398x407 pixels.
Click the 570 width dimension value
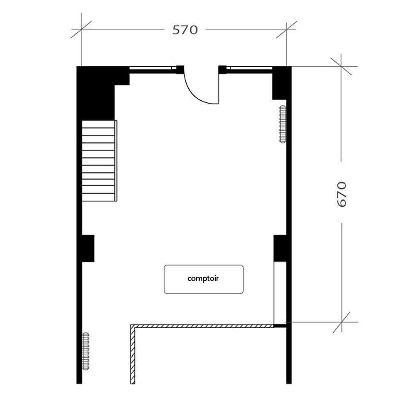(x=185, y=30)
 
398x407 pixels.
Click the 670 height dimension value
(x=342, y=194)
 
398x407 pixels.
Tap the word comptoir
(x=203, y=279)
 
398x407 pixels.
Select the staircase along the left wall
(x=99, y=160)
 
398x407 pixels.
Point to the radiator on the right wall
(x=282, y=124)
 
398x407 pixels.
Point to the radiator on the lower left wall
(x=85, y=351)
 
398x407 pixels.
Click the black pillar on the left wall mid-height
(x=88, y=248)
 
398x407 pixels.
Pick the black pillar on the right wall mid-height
(x=280, y=248)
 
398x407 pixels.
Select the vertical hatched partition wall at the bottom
(x=133, y=356)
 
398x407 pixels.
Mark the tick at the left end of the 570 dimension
(x=81, y=29)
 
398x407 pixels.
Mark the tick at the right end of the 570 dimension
(x=286, y=29)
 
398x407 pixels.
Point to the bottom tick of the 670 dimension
(x=341, y=322)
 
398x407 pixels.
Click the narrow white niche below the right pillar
(x=279, y=292)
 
